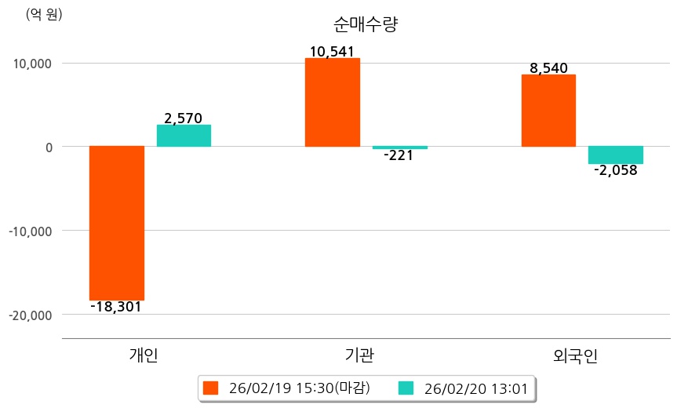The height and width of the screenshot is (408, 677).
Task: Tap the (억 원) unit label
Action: coord(44,14)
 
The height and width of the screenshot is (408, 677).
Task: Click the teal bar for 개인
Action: coord(184,136)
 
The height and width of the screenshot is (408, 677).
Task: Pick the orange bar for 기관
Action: coord(333,102)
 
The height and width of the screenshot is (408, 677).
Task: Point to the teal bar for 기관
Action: coord(400,148)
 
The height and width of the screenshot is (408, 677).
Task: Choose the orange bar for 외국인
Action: coord(548,111)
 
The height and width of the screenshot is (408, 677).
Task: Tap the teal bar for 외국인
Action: coord(616,155)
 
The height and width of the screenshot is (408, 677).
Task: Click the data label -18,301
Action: coord(116,307)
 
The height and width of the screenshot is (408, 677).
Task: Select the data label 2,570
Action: coord(184,118)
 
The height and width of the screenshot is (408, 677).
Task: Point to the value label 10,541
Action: coord(333,52)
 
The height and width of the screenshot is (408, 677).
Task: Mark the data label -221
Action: coord(399,155)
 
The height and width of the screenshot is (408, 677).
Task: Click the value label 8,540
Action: coord(549,68)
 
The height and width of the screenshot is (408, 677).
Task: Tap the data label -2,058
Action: coord(616,170)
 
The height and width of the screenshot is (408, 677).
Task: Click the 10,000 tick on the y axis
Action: coord(30,63)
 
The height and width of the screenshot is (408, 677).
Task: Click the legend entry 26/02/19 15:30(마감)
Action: coord(291,388)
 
